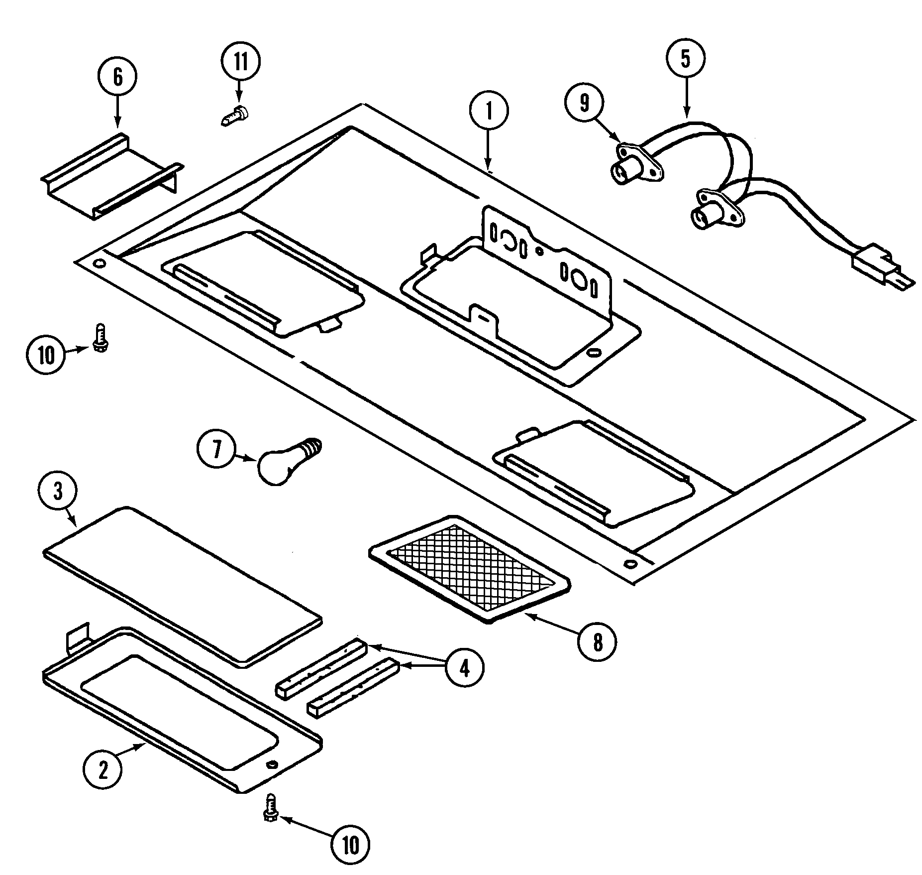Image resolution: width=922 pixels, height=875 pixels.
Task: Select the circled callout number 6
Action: click(x=117, y=78)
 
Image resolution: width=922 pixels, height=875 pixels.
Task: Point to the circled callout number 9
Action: click(x=584, y=103)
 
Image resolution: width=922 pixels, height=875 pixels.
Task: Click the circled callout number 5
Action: click(x=686, y=59)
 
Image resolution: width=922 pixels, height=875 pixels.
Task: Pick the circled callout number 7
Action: click(x=216, y=450)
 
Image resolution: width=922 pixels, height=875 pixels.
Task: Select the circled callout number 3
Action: click(x=58, y=493)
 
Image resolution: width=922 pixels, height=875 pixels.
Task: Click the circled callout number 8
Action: click(x=597, y=642)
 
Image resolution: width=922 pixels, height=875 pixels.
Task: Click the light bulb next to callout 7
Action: click(x=285, y=461)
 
